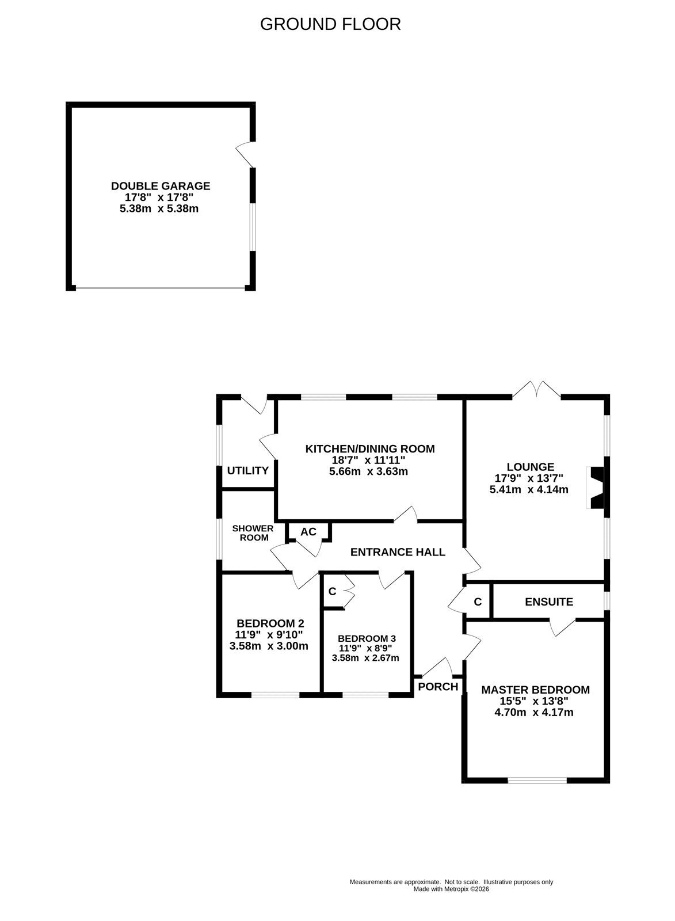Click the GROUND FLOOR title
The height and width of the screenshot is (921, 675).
coord(330,24)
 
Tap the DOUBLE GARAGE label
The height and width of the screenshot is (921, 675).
coord(161,186)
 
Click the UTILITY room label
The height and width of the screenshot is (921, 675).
coord(247,470)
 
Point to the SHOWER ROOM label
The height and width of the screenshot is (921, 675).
coord(253,533)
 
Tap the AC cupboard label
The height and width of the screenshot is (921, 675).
coord(308,532)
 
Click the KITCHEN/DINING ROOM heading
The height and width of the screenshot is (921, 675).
coord(370,448)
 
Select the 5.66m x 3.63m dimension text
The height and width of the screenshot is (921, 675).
coord(368,471)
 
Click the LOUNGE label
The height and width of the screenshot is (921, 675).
coord(531,467)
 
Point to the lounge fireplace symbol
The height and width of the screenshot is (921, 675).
coord(598,488)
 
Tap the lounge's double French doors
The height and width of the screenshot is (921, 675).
coord(536,390)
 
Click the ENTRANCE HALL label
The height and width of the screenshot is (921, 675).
coord(398,552)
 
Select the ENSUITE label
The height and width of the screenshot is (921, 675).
coord(549,602)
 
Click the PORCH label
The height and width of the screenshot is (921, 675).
coord(438,686)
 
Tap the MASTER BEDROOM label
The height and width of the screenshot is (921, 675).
coord(535,690)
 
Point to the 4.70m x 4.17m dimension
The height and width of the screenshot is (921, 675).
coord(533,712)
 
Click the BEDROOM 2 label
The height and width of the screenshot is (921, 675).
coord(270,623)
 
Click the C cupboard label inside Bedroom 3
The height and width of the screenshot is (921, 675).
coord(332,591)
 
